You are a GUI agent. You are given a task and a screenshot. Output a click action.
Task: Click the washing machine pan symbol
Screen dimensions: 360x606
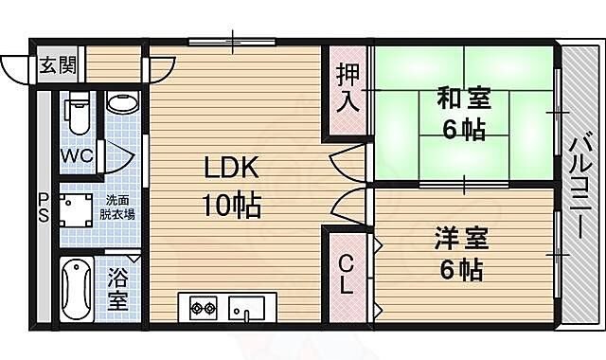click(x=76, y=207)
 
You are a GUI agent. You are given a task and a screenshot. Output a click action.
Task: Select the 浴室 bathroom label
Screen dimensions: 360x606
click(x=117, y=290)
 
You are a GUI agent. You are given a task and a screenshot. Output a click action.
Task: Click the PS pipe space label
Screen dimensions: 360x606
click(x=43, y=207)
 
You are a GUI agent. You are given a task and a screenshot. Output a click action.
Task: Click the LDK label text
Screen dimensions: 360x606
click(x=229, y=169)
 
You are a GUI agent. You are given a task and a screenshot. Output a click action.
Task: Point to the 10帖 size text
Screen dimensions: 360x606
click(x=229, y=203)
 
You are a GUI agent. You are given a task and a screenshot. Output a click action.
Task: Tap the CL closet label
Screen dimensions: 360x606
click(x=347, y=275)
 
